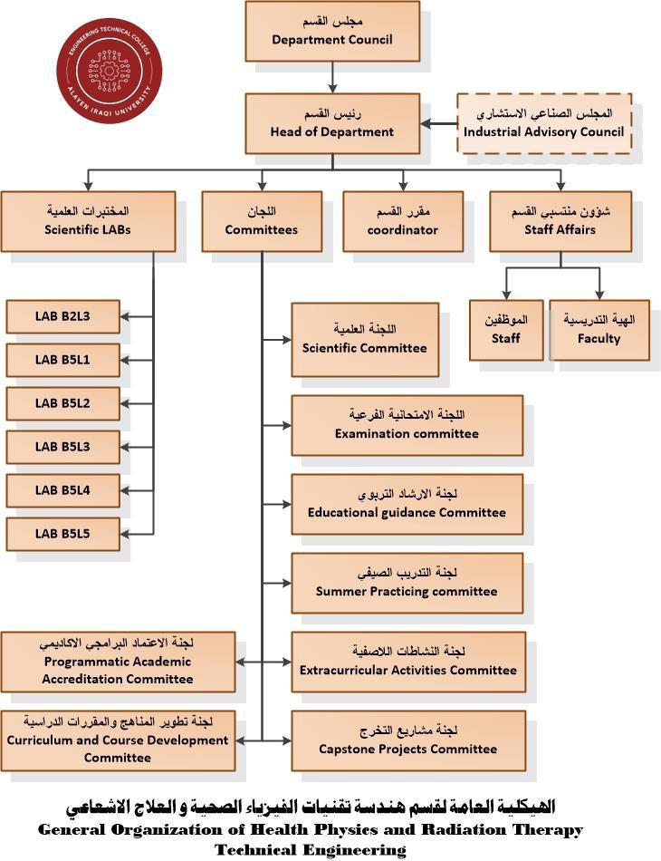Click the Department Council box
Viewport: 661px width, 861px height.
[332, 31]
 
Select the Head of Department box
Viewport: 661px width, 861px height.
[332, 123]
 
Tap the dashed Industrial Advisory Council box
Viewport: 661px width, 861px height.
[543, 123]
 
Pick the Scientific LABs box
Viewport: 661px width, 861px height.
[87, 221]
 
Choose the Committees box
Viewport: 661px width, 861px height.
[262, 221]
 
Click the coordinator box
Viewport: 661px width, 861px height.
[402, 221]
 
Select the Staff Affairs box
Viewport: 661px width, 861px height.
[560, 221]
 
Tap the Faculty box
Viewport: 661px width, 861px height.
[599, 330]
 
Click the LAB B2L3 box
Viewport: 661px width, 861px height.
[62, 316]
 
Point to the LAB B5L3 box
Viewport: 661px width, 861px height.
[62, 447]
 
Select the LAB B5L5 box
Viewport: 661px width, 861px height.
[62, 534]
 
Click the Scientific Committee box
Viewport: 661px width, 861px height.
[364, 339]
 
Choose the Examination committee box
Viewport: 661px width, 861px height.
[407, 425]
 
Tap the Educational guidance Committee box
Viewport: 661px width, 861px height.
[407, 504]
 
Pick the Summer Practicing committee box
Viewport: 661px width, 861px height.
[407, 583]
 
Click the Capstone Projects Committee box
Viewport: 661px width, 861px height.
[407, 740]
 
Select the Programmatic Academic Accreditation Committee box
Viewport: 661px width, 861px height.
[118, 662]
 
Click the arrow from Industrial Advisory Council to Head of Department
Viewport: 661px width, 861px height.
[438, 124]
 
